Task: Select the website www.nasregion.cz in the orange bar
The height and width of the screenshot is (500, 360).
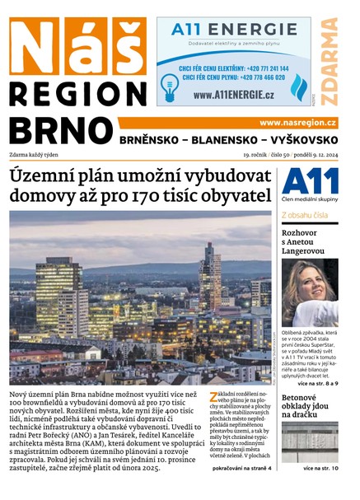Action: click(297, 122)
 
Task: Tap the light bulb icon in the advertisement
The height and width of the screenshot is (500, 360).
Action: click(170, 85)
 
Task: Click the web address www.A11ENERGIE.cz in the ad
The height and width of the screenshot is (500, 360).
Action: click(234, 95)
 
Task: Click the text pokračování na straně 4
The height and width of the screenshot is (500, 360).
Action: click(241, 468)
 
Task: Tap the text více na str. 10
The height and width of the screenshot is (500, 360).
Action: click(320, 468)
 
